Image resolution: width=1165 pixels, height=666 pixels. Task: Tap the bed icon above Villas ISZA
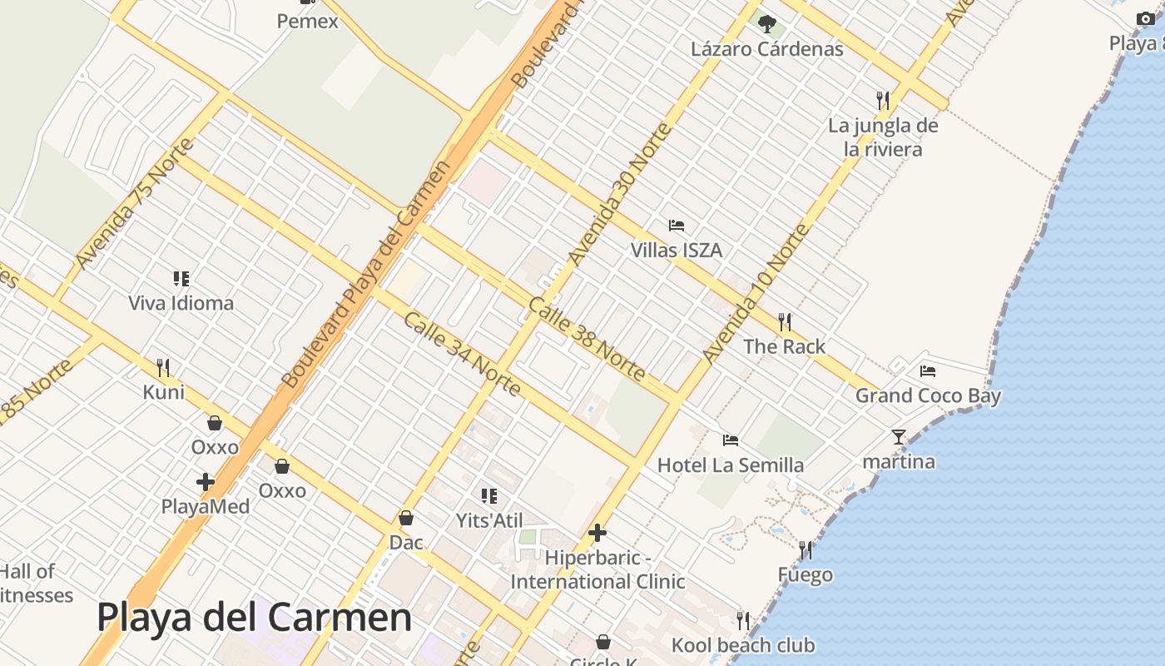[x=677, y=226]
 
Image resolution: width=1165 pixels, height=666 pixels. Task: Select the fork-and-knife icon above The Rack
[x=784, y=321]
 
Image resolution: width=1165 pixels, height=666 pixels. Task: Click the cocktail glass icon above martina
[x=899, y=436]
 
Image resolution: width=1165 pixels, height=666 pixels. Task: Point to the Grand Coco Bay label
[x=928, y=395]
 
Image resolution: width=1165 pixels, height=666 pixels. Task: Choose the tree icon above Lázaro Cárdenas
[x=767, y=24]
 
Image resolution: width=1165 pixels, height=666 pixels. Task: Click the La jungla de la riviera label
[x=883, y=137]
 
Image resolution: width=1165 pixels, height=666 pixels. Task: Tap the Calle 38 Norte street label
[x=587, y=339]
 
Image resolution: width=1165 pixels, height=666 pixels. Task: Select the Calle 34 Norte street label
[x=462, y=354]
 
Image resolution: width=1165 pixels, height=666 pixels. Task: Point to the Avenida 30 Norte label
[x=618, y=193]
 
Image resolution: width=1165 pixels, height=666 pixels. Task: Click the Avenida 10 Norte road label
[x=756, y=293]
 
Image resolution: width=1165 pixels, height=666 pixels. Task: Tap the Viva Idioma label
[x=181, y=303]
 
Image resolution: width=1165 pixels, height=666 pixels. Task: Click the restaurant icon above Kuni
[x=163, y=367]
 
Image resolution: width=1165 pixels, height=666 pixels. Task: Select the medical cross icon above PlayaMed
[x=206, y=482]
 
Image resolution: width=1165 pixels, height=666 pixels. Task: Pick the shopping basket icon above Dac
[x=406, y=518]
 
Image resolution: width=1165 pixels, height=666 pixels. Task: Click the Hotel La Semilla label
[x=731, y=465]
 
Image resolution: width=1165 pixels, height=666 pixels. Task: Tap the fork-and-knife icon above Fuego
[x=806, y=550]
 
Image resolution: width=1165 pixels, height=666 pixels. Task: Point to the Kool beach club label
[x=743, y=645]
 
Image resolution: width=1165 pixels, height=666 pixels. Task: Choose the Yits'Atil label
[x=489, y=521]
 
